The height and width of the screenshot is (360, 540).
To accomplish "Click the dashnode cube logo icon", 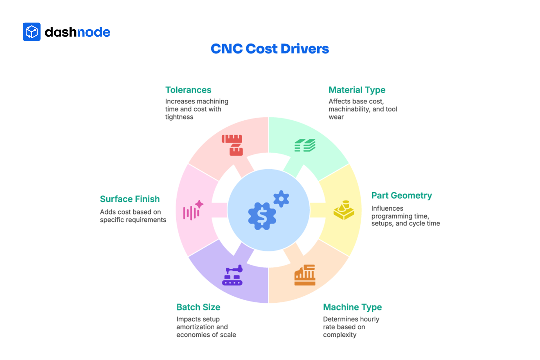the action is pos(31,32).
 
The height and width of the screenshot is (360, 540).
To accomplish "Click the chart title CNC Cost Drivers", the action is pos(270,49).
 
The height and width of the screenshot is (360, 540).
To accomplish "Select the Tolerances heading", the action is pos(188,90).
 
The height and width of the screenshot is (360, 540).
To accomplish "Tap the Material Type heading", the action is pos(357,90).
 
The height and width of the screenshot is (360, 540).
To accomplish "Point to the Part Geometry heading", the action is pos(401,195).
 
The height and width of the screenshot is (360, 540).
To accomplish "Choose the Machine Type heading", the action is pos(352,307).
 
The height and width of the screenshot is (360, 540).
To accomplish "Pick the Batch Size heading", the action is pos(198,307).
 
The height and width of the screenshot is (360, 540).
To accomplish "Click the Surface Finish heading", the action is pos(130,199).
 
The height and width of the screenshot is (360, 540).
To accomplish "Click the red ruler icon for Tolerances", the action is pos(232,145).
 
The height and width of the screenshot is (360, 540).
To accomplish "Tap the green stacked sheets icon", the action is pos(305,145).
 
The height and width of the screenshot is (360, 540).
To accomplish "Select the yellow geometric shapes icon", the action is pos(344,210).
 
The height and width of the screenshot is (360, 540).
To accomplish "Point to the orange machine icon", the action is pos(305,275).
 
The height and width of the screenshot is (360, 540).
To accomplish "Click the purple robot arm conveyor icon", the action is pos(232,275).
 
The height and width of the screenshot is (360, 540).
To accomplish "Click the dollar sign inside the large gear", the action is pos(262,216).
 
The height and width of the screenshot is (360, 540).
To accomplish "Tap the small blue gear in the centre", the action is pos(281,199).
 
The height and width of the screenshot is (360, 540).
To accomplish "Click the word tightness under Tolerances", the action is pos(179,117).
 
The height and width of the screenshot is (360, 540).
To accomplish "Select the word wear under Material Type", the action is pos(336,117).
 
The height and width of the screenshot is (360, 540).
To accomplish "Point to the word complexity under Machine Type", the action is pos(339,335).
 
